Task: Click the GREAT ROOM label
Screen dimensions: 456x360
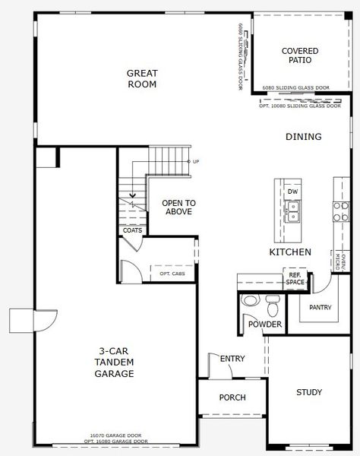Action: point(142,79)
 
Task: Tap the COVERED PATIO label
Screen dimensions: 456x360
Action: point(300,56)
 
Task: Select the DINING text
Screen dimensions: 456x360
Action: point(303,137)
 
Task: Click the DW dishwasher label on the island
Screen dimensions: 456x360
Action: point(292,191)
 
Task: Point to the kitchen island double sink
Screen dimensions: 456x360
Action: point(292,211)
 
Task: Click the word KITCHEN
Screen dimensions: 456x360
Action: point(290,252)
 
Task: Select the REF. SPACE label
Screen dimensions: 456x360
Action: point(295,279)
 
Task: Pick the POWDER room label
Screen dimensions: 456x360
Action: point(264,325)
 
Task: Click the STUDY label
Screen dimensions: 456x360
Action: point(309,393)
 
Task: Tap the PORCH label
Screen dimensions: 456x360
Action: point(232,397)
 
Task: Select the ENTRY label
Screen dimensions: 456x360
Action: point(232,359)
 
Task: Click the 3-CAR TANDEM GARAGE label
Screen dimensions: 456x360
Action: point(115,363)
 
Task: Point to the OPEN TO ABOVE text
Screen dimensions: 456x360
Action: point(180,207)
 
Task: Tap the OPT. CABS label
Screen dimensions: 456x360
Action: point(172,274)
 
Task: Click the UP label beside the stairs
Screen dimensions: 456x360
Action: point(195,162)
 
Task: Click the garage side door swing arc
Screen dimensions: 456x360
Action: point(44,321)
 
